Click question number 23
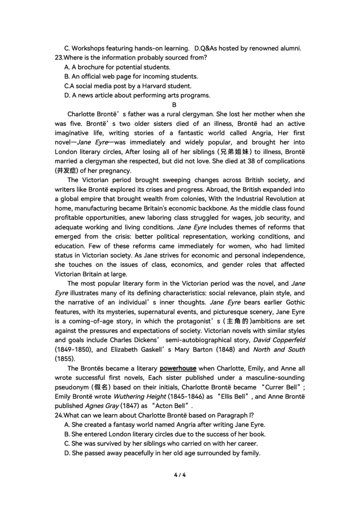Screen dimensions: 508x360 coord(58,58)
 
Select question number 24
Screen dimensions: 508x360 coord(58,414)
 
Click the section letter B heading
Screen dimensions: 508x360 coord(180,105)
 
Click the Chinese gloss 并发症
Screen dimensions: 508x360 coord(66,170)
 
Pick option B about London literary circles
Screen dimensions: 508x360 coord(165,434)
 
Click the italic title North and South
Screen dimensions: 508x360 coord(279,349)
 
